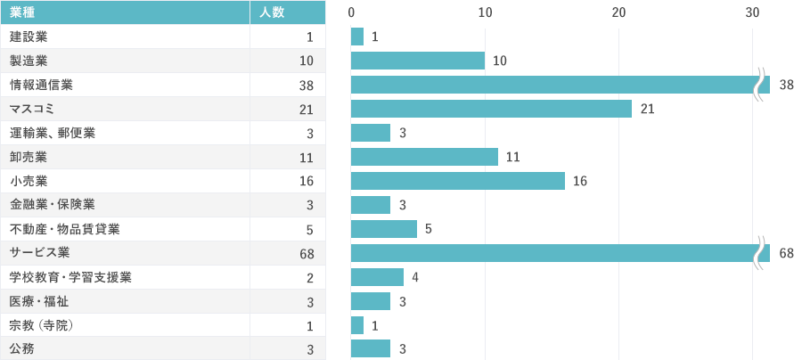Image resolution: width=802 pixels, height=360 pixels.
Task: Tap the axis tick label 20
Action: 618,12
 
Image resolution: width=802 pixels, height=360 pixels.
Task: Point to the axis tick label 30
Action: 752,12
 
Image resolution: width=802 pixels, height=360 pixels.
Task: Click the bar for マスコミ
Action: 491,109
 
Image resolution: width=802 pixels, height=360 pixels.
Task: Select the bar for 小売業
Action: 457,181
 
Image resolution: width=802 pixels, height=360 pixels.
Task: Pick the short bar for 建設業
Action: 357,37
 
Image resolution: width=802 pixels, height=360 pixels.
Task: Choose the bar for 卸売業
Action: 424,157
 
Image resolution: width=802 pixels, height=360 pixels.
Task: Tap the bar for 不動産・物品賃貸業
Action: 384,229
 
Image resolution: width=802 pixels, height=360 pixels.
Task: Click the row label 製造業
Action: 29,61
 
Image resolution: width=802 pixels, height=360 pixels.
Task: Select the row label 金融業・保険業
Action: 53,205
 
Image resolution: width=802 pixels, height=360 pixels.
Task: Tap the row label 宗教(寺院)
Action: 41,325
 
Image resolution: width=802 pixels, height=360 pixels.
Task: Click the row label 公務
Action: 22,349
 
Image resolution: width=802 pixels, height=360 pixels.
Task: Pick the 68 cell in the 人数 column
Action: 307,254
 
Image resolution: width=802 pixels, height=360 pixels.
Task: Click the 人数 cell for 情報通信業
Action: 307,86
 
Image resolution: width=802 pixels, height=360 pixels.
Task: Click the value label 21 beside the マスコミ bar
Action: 647,109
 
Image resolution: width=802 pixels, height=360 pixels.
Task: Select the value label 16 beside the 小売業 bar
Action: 580,181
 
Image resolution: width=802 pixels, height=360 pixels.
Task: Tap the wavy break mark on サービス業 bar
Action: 762,253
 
